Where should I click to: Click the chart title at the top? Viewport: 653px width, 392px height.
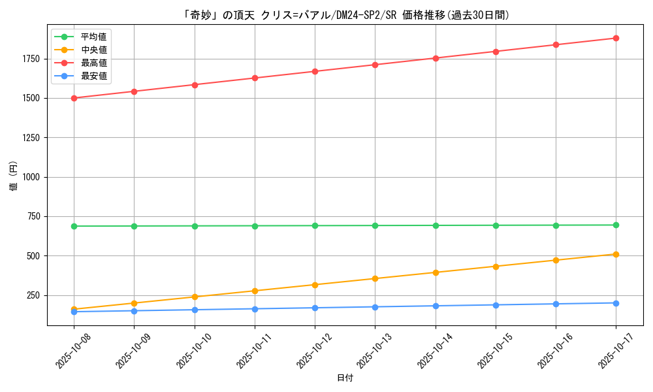tap(345, 15)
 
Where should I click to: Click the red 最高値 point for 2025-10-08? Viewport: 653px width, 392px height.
tap(74, 98)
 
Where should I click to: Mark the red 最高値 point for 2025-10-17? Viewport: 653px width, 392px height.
tap(616, 38)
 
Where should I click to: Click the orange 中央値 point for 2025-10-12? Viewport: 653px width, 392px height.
tap(315, 285)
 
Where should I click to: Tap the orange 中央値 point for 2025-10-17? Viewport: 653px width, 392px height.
tap(616, 254)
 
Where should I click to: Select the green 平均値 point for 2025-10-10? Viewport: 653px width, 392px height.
tap(195, 226)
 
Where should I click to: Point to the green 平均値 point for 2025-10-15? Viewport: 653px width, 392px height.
tap(496, 225)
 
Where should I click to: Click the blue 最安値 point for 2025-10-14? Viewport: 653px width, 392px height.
tap(436, 306)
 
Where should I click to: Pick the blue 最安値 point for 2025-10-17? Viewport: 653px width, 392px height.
tap(616, 303)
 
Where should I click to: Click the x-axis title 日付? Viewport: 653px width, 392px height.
tap(345, 378)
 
